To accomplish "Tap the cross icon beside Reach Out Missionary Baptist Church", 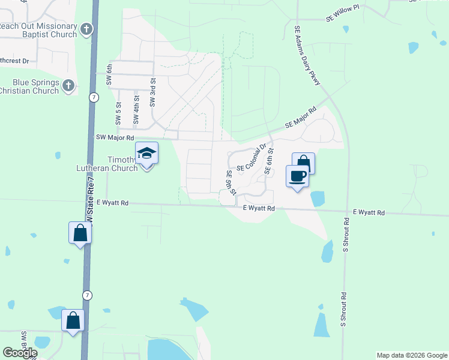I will click(x=86, y=28).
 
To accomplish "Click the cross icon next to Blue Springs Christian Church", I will click(x=68, y=86).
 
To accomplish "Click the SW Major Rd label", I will click(x=114, y=137).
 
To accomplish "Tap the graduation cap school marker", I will click(x=146, y=154).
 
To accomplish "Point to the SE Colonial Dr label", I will click(x=252, y=159).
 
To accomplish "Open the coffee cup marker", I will click(x=298, y=176).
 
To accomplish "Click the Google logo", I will click(x=20, y=353).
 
